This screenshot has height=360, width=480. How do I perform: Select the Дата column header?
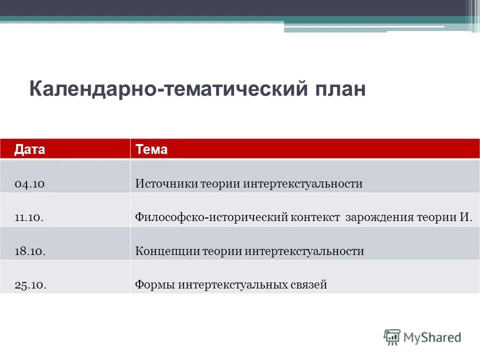[x=29, y=149]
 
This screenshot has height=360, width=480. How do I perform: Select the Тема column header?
[x=151, y=149]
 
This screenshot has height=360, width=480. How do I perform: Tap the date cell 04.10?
[x=30, y=184]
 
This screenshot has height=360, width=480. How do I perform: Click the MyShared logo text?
[x=432, y=337]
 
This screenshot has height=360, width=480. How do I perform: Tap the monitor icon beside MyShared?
[x=392, y=337]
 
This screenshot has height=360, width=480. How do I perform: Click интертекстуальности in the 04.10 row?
[x=303, y=184]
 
